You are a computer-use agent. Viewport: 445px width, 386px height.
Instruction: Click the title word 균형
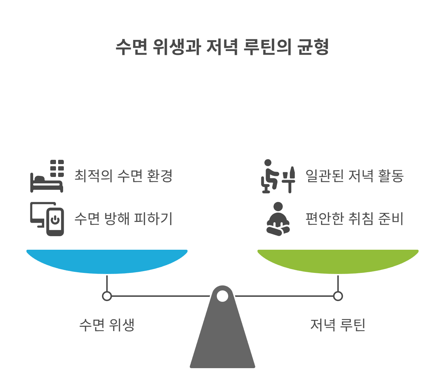(313, 47)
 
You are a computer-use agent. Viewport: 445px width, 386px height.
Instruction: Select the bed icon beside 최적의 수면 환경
(46, 177)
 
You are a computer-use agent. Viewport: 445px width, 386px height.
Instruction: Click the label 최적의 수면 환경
(123, 176)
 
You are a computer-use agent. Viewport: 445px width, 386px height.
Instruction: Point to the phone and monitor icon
(47, 219)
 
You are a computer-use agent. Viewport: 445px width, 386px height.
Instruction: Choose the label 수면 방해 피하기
(123, 219)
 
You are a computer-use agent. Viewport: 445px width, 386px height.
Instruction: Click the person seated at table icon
(277, 176)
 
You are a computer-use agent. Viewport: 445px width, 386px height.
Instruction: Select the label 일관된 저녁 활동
(354, 176)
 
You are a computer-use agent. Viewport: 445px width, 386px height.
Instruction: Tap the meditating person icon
(278, 219)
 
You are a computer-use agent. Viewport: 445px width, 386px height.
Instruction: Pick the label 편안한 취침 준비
(354, 219)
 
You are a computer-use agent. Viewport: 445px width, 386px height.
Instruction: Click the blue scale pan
(107, 260)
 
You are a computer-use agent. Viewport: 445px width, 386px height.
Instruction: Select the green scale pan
(338, 260)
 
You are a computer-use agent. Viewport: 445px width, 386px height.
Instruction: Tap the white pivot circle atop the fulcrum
(222, 296)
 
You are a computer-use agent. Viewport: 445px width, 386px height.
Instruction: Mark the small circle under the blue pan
(107, 296)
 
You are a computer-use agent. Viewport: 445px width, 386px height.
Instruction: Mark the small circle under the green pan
(338, 296)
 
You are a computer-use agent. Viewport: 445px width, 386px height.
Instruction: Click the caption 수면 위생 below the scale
(107, 325)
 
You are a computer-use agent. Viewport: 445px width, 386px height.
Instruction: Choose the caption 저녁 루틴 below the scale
(338, 325)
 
